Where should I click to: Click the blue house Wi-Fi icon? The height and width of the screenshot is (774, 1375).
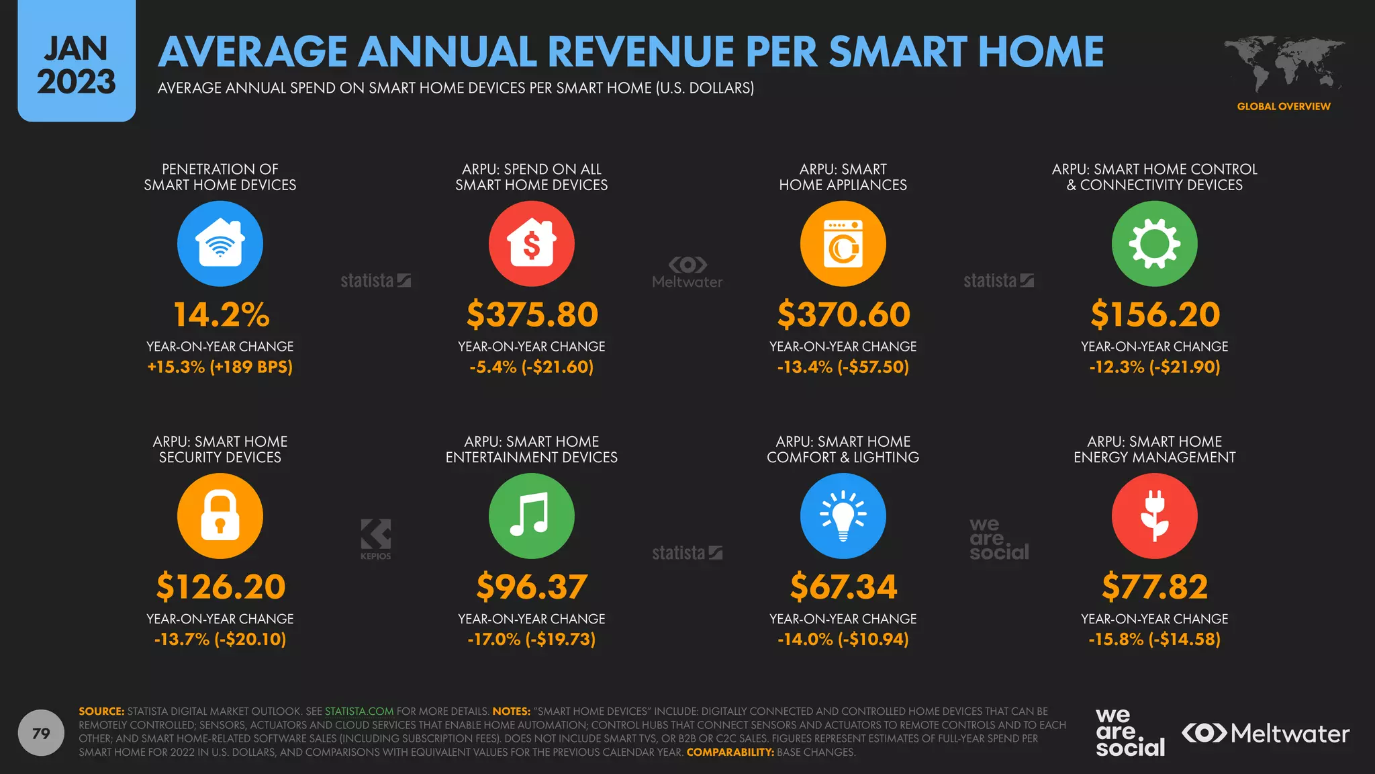click(220, 243)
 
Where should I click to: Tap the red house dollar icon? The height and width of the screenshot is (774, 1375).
click(532, 243)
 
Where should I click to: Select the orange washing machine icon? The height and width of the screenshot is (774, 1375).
click(843, 243)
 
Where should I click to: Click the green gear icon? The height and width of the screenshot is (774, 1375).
click(1155, 243)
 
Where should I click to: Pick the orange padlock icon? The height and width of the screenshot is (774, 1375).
click(220, 516)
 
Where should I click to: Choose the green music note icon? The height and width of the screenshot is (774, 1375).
click(532, 516)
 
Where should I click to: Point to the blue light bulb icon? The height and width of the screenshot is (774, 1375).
click(843, 516)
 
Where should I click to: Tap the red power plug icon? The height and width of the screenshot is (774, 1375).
click(1155, 516)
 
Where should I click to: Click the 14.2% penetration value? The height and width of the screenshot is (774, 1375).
click(221, 314)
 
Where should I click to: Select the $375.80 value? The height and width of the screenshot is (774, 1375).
click(532, 314)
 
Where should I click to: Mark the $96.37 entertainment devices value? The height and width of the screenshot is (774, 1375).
click(532, 587)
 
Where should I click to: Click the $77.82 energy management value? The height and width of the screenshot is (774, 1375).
click(1155, 587)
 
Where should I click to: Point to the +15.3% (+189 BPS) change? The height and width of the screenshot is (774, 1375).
click(220, 367)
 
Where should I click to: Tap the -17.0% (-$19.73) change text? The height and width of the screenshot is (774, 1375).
click(532, 639)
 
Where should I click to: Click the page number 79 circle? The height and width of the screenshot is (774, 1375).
click(41, 733)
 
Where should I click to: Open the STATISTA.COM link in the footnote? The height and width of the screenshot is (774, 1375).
click(359, 712)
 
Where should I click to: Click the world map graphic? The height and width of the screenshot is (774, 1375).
click(1284, 64)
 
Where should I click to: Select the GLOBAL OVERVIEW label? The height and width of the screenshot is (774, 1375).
click(1284, 106)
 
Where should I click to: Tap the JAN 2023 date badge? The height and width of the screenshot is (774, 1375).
click(77, 64)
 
